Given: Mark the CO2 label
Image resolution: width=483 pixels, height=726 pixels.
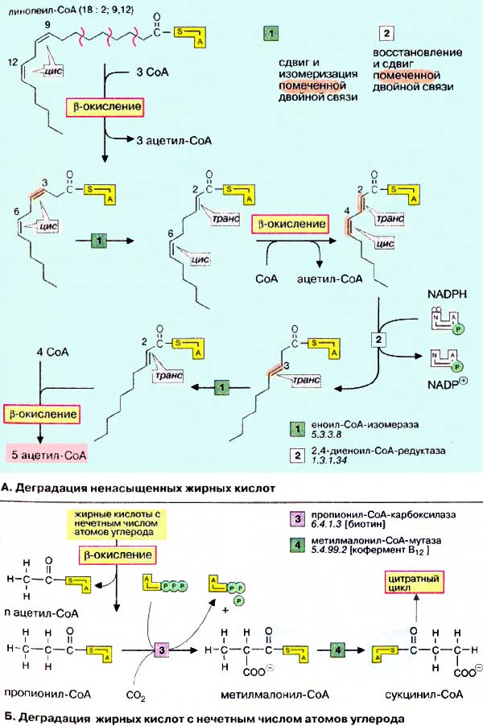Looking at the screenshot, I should (138, 692).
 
